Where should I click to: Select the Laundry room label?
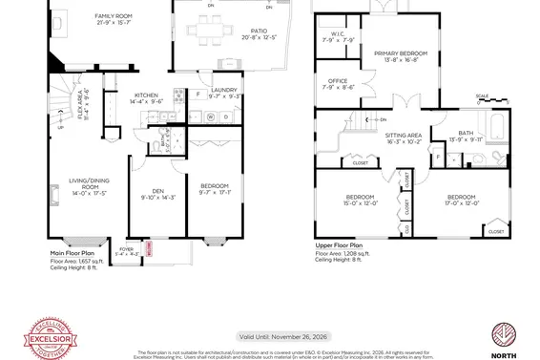pos(210,94)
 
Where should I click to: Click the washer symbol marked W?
pos(211,117)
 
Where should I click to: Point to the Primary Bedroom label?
pos(400,56)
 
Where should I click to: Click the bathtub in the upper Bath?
pos(497,124)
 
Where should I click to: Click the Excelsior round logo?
pos(49,337)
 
